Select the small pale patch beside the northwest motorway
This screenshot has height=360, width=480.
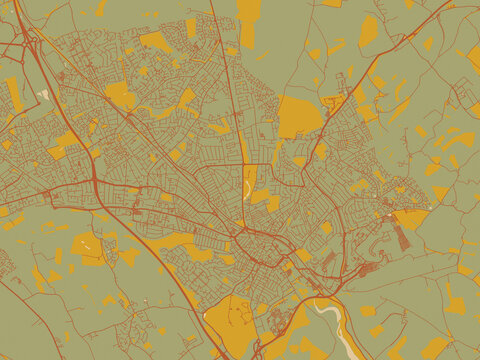[44, 96]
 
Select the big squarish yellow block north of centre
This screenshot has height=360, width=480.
[297, 115]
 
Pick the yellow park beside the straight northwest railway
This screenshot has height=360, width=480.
[119, 95]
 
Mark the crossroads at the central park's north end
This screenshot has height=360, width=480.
[243, 165]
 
